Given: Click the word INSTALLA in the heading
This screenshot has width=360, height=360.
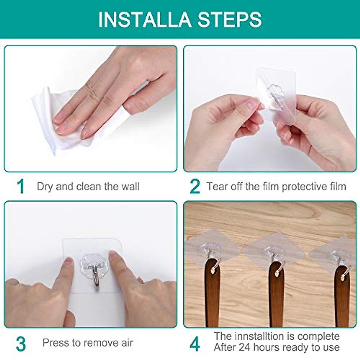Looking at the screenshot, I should pyautogui.click(x=145, y=19).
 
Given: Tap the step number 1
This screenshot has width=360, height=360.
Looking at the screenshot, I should pyautogui.click(x=20, y=186).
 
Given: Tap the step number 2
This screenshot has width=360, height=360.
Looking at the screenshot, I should pyautogui.click(x=195, y=186).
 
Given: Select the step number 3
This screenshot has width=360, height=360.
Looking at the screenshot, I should pyautogui.click(x=21, y=344).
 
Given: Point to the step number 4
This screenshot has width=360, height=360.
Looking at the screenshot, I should pyautogui.click(x=195, y=344).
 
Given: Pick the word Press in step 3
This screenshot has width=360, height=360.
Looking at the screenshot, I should pyautogui.click(x=55, y=342).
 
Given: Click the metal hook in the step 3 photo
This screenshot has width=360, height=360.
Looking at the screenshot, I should pyautogui.click(x=95, y=279).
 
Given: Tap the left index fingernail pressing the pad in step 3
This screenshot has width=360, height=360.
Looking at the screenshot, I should pyautogui.click(x=68, y=260).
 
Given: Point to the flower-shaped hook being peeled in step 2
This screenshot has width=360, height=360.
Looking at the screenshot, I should pyautogui.click(x=275, y=93).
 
